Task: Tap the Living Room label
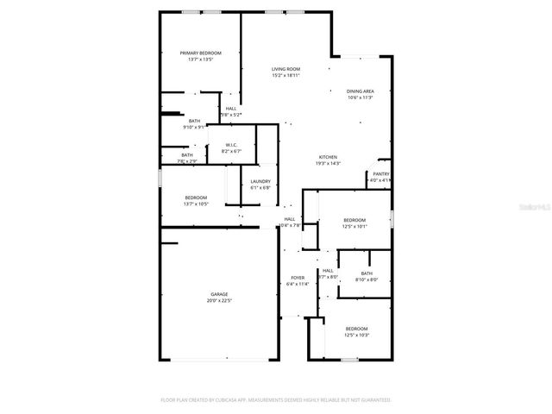point(285,69)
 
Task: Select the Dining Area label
point(361,91)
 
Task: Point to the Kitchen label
point(328,157)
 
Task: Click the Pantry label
point(381,174)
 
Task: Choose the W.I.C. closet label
point(231,145)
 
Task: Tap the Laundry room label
point(260,181)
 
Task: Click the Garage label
point(218,294)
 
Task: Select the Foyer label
point(298,278)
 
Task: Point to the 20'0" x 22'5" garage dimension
point(218,301)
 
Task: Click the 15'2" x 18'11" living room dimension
point(285,76)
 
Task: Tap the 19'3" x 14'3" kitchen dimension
point(328,164)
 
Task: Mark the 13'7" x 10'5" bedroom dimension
point(195,204)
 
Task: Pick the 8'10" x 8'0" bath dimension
point(367,279)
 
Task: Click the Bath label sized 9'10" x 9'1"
point(194,121)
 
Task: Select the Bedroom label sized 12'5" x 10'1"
point(354,220)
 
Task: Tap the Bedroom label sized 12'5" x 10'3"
point(357,329)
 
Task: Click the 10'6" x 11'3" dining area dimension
point(361,98)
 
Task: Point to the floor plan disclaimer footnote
point(276,400)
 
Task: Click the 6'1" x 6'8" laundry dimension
point(260,188)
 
